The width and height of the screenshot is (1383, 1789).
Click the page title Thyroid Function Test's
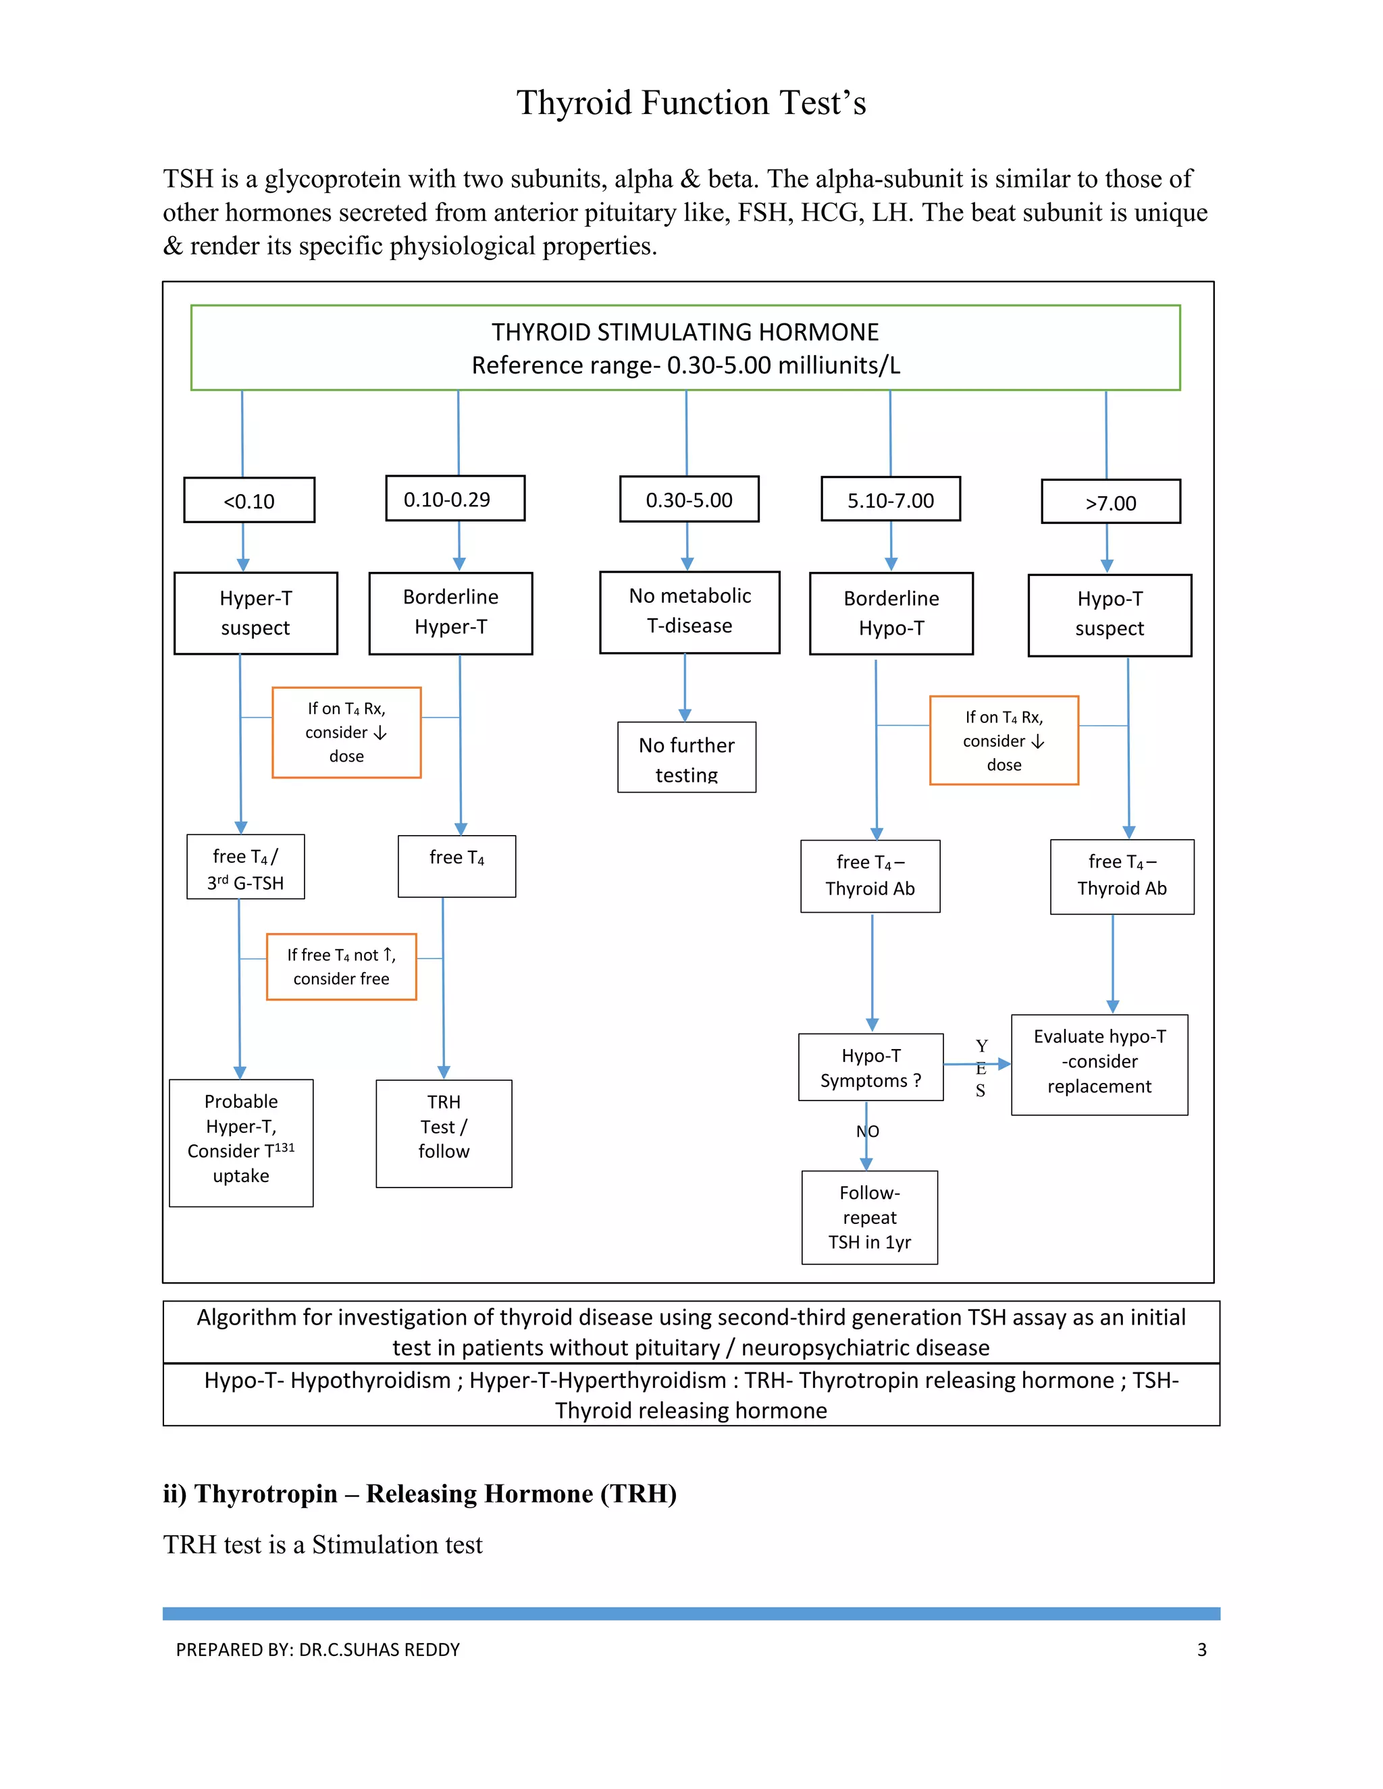click(x=691, y=103)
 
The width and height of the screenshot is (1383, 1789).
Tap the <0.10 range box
click(x=249, y=500)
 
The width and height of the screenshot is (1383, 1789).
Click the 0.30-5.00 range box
click(x=689, y=500)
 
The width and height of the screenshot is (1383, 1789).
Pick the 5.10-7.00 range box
click(x=891, y=500)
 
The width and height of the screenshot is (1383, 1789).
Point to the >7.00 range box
click(x=1110, y=502)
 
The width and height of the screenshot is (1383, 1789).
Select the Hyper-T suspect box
click(x=256, y=614)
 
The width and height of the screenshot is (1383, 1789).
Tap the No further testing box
click(x=687, y=757)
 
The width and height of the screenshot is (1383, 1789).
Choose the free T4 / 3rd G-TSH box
click(x=246, y=867)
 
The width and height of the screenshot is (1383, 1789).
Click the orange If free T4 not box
click(x=341, y=967)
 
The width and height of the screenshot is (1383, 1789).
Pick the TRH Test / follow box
click(x=444, y=1133)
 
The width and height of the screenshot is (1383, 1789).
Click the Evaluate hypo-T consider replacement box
click(x=1099, y=1064)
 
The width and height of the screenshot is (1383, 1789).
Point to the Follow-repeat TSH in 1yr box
click(x=869, y=1217)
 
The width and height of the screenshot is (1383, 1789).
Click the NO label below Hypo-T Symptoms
click(x=868, y=1131)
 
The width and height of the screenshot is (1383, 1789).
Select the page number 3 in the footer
click(x=1201, y=1650)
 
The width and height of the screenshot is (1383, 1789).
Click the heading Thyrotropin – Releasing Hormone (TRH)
click(x=419, y=1493)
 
